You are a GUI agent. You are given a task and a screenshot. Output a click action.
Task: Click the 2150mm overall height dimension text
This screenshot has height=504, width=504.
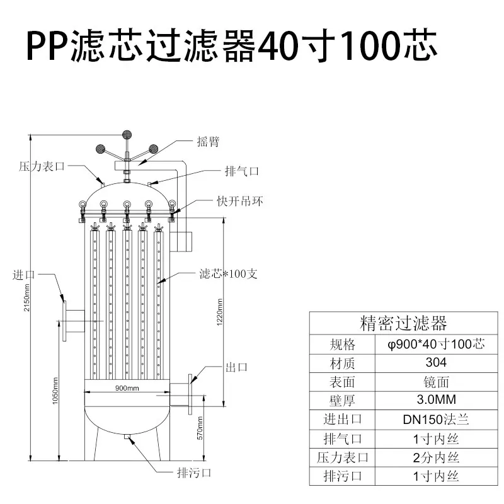click(26, 297)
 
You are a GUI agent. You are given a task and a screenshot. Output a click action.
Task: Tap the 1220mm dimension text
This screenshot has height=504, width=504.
click(220, 312)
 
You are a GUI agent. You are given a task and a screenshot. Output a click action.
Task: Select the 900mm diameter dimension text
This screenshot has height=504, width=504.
click(127, 388)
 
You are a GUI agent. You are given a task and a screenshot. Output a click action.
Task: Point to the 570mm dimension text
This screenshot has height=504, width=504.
click(200, 428)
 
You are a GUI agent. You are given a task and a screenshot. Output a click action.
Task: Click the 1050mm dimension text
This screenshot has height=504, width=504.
click(55, 391)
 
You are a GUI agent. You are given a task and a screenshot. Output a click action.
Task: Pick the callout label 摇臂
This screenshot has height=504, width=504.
click(208, 141)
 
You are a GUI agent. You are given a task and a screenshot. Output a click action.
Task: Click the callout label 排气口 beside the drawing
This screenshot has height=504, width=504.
click(242, 171)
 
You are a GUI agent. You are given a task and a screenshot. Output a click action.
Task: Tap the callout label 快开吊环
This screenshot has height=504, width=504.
click(240, 201)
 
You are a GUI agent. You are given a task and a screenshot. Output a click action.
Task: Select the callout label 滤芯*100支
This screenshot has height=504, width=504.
click(228, 274)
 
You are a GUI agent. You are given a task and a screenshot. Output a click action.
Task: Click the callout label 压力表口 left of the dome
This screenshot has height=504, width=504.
click(42, 166)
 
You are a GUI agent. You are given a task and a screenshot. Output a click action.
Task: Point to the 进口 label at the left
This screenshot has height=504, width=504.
click(23, 275)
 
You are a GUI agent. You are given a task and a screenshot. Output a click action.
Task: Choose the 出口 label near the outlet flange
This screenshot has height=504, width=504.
click(237, 367)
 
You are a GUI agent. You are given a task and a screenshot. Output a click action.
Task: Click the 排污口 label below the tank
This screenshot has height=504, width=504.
click(194, 473)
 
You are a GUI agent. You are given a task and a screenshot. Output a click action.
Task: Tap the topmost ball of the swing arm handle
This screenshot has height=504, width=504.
click(127, 135)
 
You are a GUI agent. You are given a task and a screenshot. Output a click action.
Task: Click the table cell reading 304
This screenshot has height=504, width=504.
click(436, 363)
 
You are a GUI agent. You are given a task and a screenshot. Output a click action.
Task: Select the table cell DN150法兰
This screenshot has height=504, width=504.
click(436, 420)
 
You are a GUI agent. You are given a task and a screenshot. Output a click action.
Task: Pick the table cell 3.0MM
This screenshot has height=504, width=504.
click(436, 400)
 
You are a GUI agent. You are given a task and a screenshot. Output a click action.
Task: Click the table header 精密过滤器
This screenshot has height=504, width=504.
click(403, 323)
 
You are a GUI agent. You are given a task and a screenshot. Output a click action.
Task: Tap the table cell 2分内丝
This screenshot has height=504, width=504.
click(436, 458)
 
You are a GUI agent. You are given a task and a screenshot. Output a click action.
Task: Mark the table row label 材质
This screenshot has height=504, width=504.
click(342, 364)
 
